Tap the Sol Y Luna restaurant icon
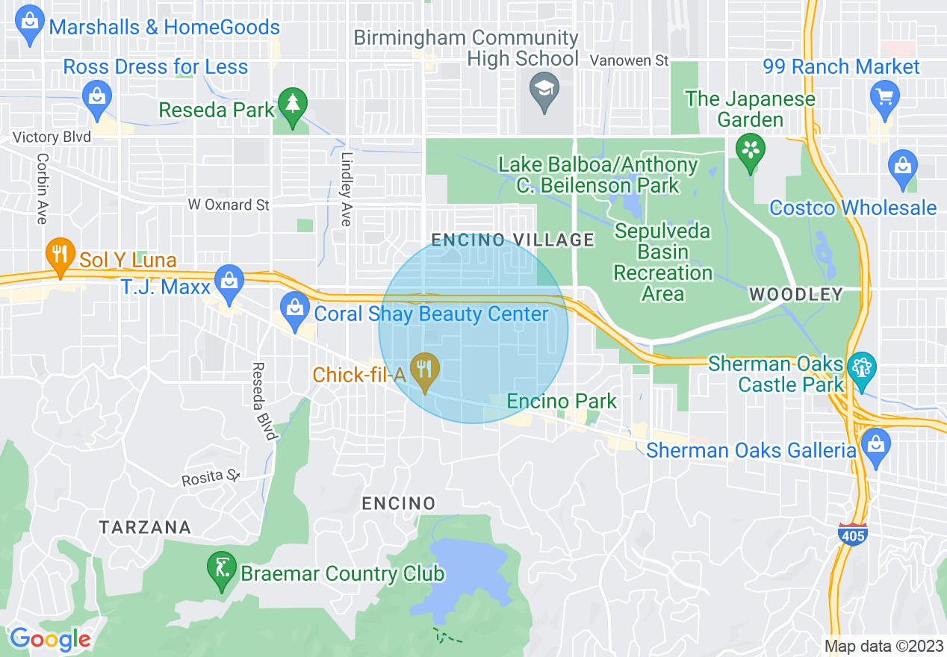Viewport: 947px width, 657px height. coord(60,255)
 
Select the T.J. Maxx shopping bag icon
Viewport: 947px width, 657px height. coord(229,281)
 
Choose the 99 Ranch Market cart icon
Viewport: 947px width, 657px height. coord(885,98)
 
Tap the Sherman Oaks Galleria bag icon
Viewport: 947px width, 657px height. coord(875,445)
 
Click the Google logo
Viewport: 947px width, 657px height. coord(50,640)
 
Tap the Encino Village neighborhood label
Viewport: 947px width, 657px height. coord(514,240)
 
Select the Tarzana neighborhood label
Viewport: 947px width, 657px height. coord(145,527)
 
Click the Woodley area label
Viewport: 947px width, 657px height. coord(796,294)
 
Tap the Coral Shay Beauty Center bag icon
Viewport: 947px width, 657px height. coord(294,308)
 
